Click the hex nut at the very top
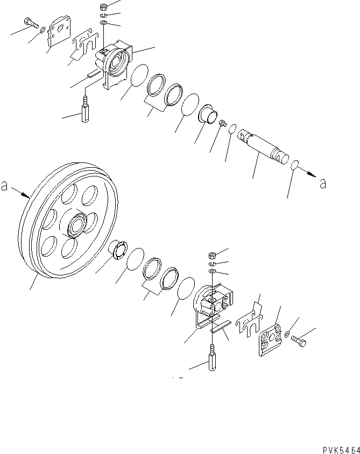(x=103, y=7)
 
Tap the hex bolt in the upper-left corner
(x=31, y=23)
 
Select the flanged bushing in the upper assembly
(x=207, y=115)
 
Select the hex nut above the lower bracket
(x=212, y=255)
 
